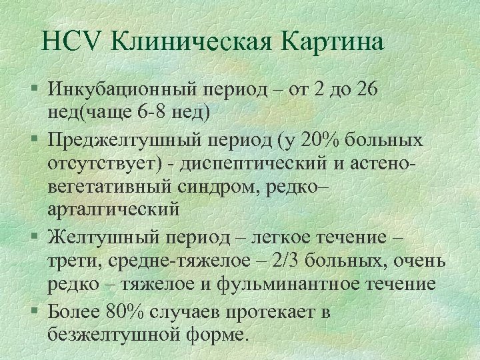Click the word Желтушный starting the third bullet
[x=100, y=238]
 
